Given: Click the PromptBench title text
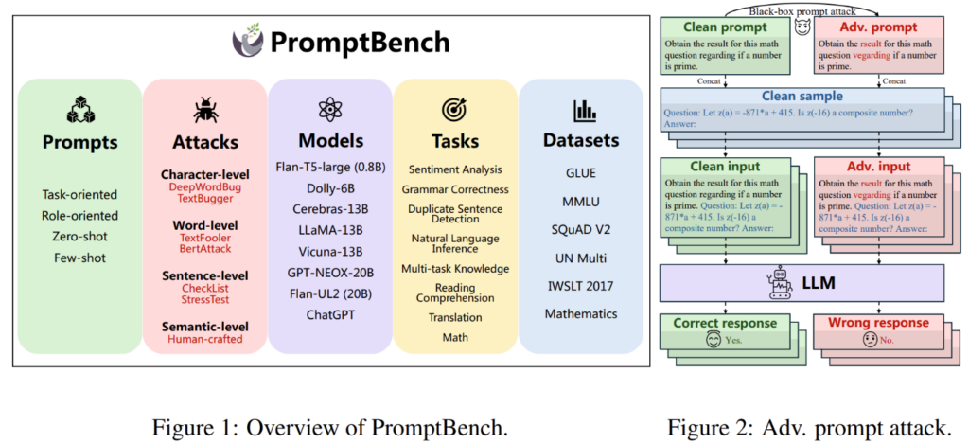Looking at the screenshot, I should point(361,44).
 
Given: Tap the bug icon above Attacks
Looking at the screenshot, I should point(204,110).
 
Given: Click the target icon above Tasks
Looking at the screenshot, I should point(454,110).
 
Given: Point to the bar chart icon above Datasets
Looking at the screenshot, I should point(581,111).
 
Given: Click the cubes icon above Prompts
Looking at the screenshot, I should point(79,111).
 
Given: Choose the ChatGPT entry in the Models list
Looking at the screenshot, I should point(329,313).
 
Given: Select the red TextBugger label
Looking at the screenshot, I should point(204,198).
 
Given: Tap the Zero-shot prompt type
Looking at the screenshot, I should point(79,236).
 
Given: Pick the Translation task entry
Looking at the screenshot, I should point(454,317).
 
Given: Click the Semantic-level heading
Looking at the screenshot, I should point(204,326).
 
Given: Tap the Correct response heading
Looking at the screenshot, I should point(724,323).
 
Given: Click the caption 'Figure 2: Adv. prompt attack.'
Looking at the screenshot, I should point(808,427).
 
